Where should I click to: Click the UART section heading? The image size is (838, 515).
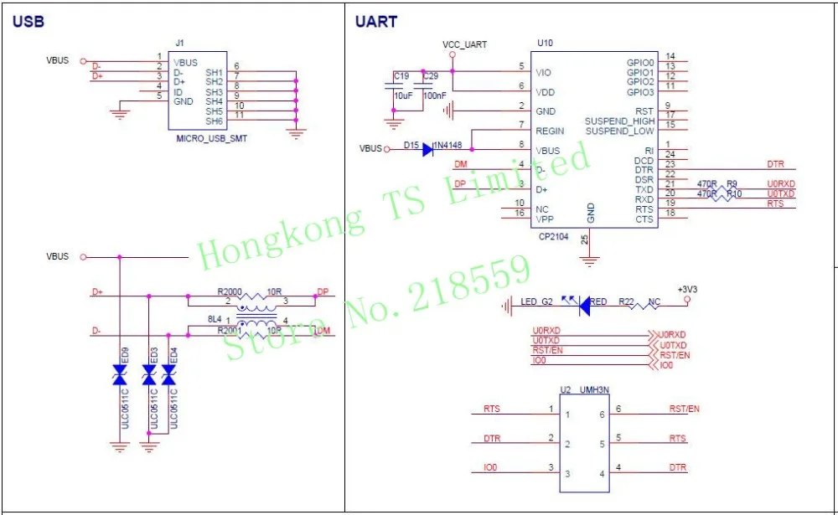tap(376, 23)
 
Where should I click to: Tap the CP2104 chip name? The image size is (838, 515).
tap(553, 237)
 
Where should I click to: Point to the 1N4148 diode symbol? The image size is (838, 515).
tap(427, 149)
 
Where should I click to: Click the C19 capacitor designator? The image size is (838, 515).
tap(401, 76)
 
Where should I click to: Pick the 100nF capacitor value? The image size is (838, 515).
tap(434, 96)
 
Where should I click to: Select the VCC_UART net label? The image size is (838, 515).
tap(464, 44)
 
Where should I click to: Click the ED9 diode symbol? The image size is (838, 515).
tap(120, 379)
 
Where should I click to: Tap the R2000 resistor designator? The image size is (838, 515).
tap(229, 292)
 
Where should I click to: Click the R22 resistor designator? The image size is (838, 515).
tap(625, 301)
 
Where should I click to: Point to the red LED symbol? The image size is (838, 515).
tap(583, 306)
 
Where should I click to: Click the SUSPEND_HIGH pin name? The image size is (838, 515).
tap(619, 121)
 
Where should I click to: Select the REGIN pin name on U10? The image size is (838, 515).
tap(550, 131)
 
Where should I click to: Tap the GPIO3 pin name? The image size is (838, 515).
tap(639, 92)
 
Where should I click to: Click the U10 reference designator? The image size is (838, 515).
tap(545, 43)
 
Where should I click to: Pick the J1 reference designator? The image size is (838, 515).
tap(179, 43)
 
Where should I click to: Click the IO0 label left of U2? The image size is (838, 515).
tap(490, 468)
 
